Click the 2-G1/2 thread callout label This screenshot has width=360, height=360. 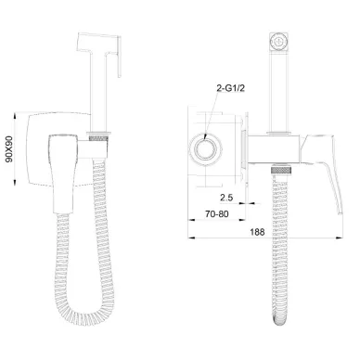230,88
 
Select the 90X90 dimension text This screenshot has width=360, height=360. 9,149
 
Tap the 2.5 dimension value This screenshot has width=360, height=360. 226,198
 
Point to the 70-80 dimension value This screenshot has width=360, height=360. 217,213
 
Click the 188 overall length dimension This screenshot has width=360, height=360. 257,232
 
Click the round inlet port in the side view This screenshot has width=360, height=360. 205,149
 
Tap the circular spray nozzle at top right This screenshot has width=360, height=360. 279,42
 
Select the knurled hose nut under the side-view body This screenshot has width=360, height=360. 281,170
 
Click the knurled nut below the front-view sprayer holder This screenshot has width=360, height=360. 98,137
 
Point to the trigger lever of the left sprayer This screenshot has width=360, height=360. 119,58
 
